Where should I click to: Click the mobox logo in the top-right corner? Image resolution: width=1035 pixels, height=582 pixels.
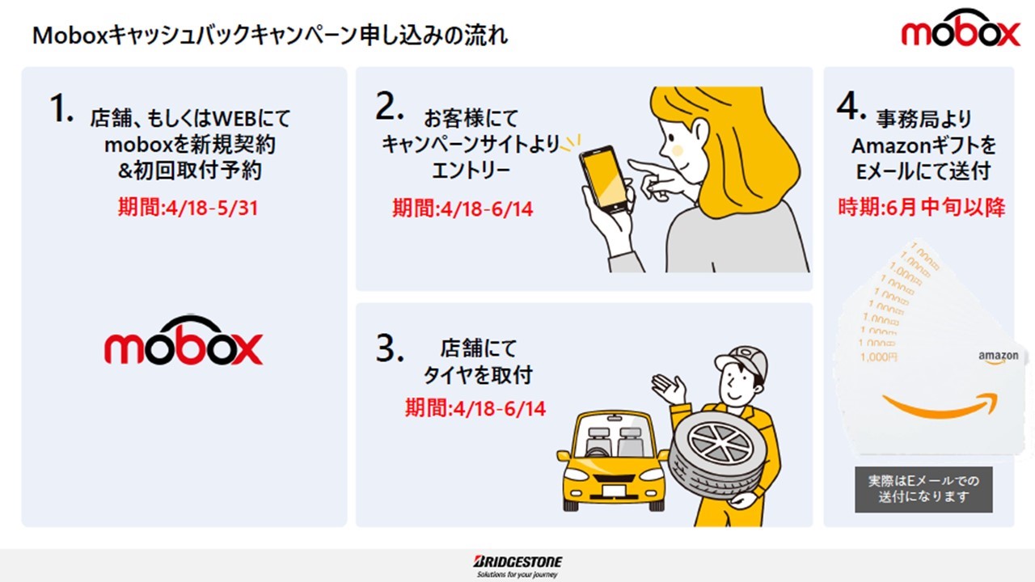961,27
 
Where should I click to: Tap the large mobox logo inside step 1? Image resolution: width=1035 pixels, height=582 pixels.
184,340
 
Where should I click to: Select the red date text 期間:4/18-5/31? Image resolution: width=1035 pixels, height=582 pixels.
188,208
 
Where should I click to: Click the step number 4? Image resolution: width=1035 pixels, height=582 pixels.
851,106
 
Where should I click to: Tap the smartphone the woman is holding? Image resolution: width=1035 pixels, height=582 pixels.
603,179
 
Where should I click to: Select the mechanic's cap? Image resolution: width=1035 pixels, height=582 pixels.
742,361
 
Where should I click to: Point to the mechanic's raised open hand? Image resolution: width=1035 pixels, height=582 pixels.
668,389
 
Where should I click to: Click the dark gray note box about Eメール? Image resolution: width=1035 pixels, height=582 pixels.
923,489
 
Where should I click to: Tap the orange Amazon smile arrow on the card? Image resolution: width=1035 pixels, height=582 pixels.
940,405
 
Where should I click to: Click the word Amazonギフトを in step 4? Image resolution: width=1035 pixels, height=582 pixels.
923,146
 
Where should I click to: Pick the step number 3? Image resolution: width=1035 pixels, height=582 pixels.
389,348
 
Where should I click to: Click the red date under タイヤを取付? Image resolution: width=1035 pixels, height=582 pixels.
475,408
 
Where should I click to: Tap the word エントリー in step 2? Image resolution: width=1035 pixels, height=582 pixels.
471,171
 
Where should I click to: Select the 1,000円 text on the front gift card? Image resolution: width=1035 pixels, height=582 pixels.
878,357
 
